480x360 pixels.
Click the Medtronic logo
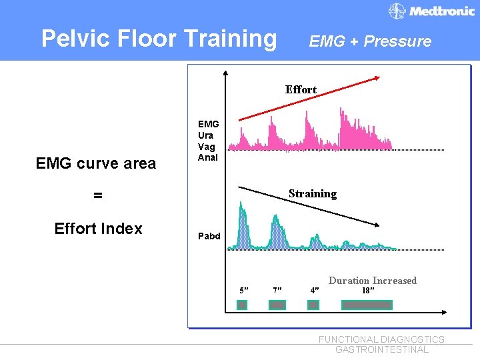[x=432, y=11]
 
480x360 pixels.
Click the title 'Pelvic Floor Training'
[x=159, y=39]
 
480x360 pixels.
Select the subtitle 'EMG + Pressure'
[x=370, y=41]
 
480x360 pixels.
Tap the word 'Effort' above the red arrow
[x=301, y=89]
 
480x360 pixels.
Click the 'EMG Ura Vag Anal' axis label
[x=208, y=141]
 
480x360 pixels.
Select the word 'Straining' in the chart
[x=312, y=194]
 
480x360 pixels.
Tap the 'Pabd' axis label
[x=209, y=236]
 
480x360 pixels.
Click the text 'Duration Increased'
[x=372, y=281]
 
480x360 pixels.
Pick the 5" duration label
[x=244, y=291]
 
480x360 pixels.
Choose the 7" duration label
[x=277, y=291]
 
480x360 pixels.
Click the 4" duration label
[x=315, y=291]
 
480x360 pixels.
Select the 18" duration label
[x=367, y=291]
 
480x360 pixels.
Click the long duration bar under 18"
[x=367, y=305]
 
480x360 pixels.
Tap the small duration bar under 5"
[x=243, y=305]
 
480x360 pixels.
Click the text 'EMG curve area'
[x=96, y=163]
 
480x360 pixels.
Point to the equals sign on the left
[x=98, y=195]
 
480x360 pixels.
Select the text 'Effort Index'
[x=98, y=229]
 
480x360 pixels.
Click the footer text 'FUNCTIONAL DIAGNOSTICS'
[x=381, y=339]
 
